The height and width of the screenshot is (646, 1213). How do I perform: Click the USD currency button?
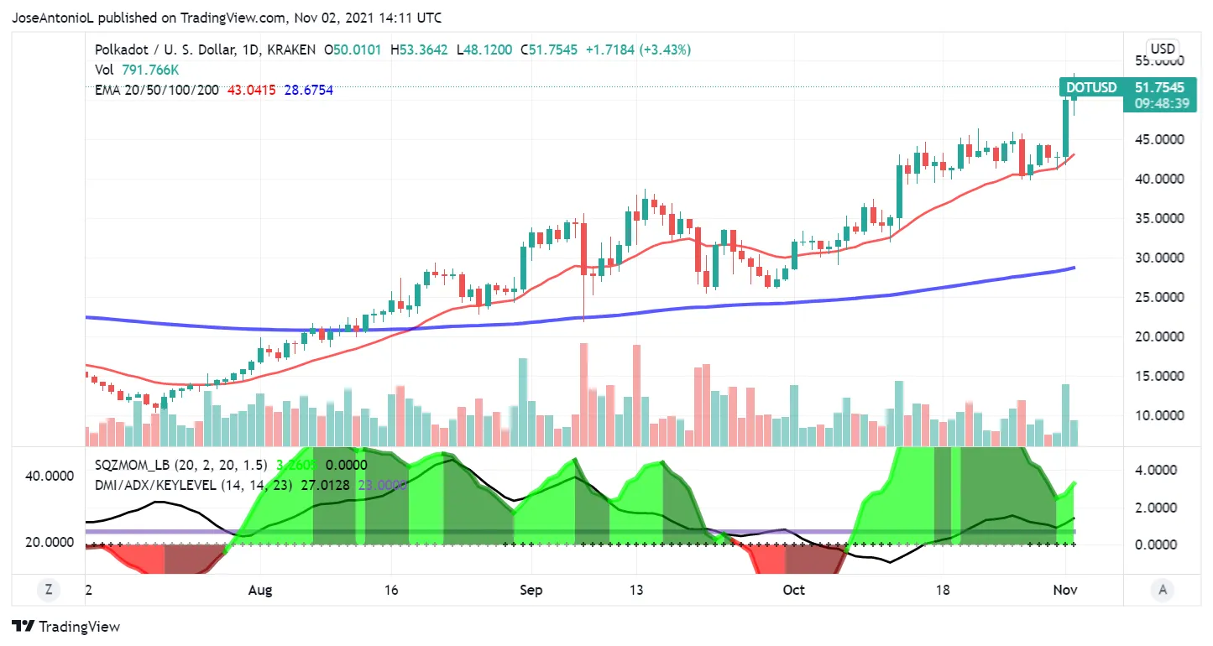[x=1163, y=49]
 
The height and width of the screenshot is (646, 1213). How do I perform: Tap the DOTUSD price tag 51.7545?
[x=1159, y=87]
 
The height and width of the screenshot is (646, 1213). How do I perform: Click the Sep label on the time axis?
[x=531, y=590]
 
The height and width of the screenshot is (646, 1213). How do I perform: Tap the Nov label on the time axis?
[x=1065, y=590]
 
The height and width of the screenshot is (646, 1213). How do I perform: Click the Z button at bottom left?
[x=49, y=590]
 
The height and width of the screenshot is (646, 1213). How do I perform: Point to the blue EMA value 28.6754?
[x=308, y=90]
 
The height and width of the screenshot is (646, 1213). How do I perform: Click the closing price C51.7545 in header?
[x=549, y=49]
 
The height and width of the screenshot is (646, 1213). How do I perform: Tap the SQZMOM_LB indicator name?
[x=134, y=465]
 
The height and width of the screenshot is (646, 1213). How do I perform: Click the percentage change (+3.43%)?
[x=666, y=49]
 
